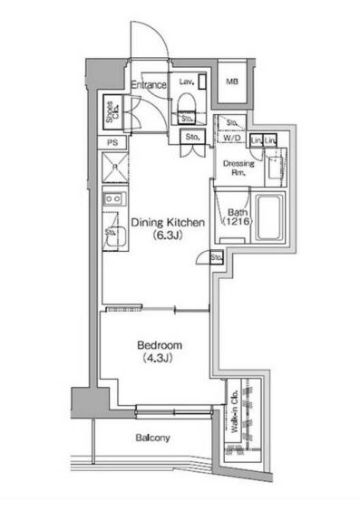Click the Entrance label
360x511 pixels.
pos(149,85)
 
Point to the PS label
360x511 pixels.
pos(112,143)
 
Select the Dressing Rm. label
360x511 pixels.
pos(238,168)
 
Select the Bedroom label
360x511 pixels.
pos(161,345)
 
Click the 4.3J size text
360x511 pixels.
pos(161,358)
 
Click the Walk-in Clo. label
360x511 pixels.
pos(236,416)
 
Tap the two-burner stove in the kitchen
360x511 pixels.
pos(113,198)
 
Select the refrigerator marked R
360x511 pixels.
pos(113,168)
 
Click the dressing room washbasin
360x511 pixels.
pos(275,163)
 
